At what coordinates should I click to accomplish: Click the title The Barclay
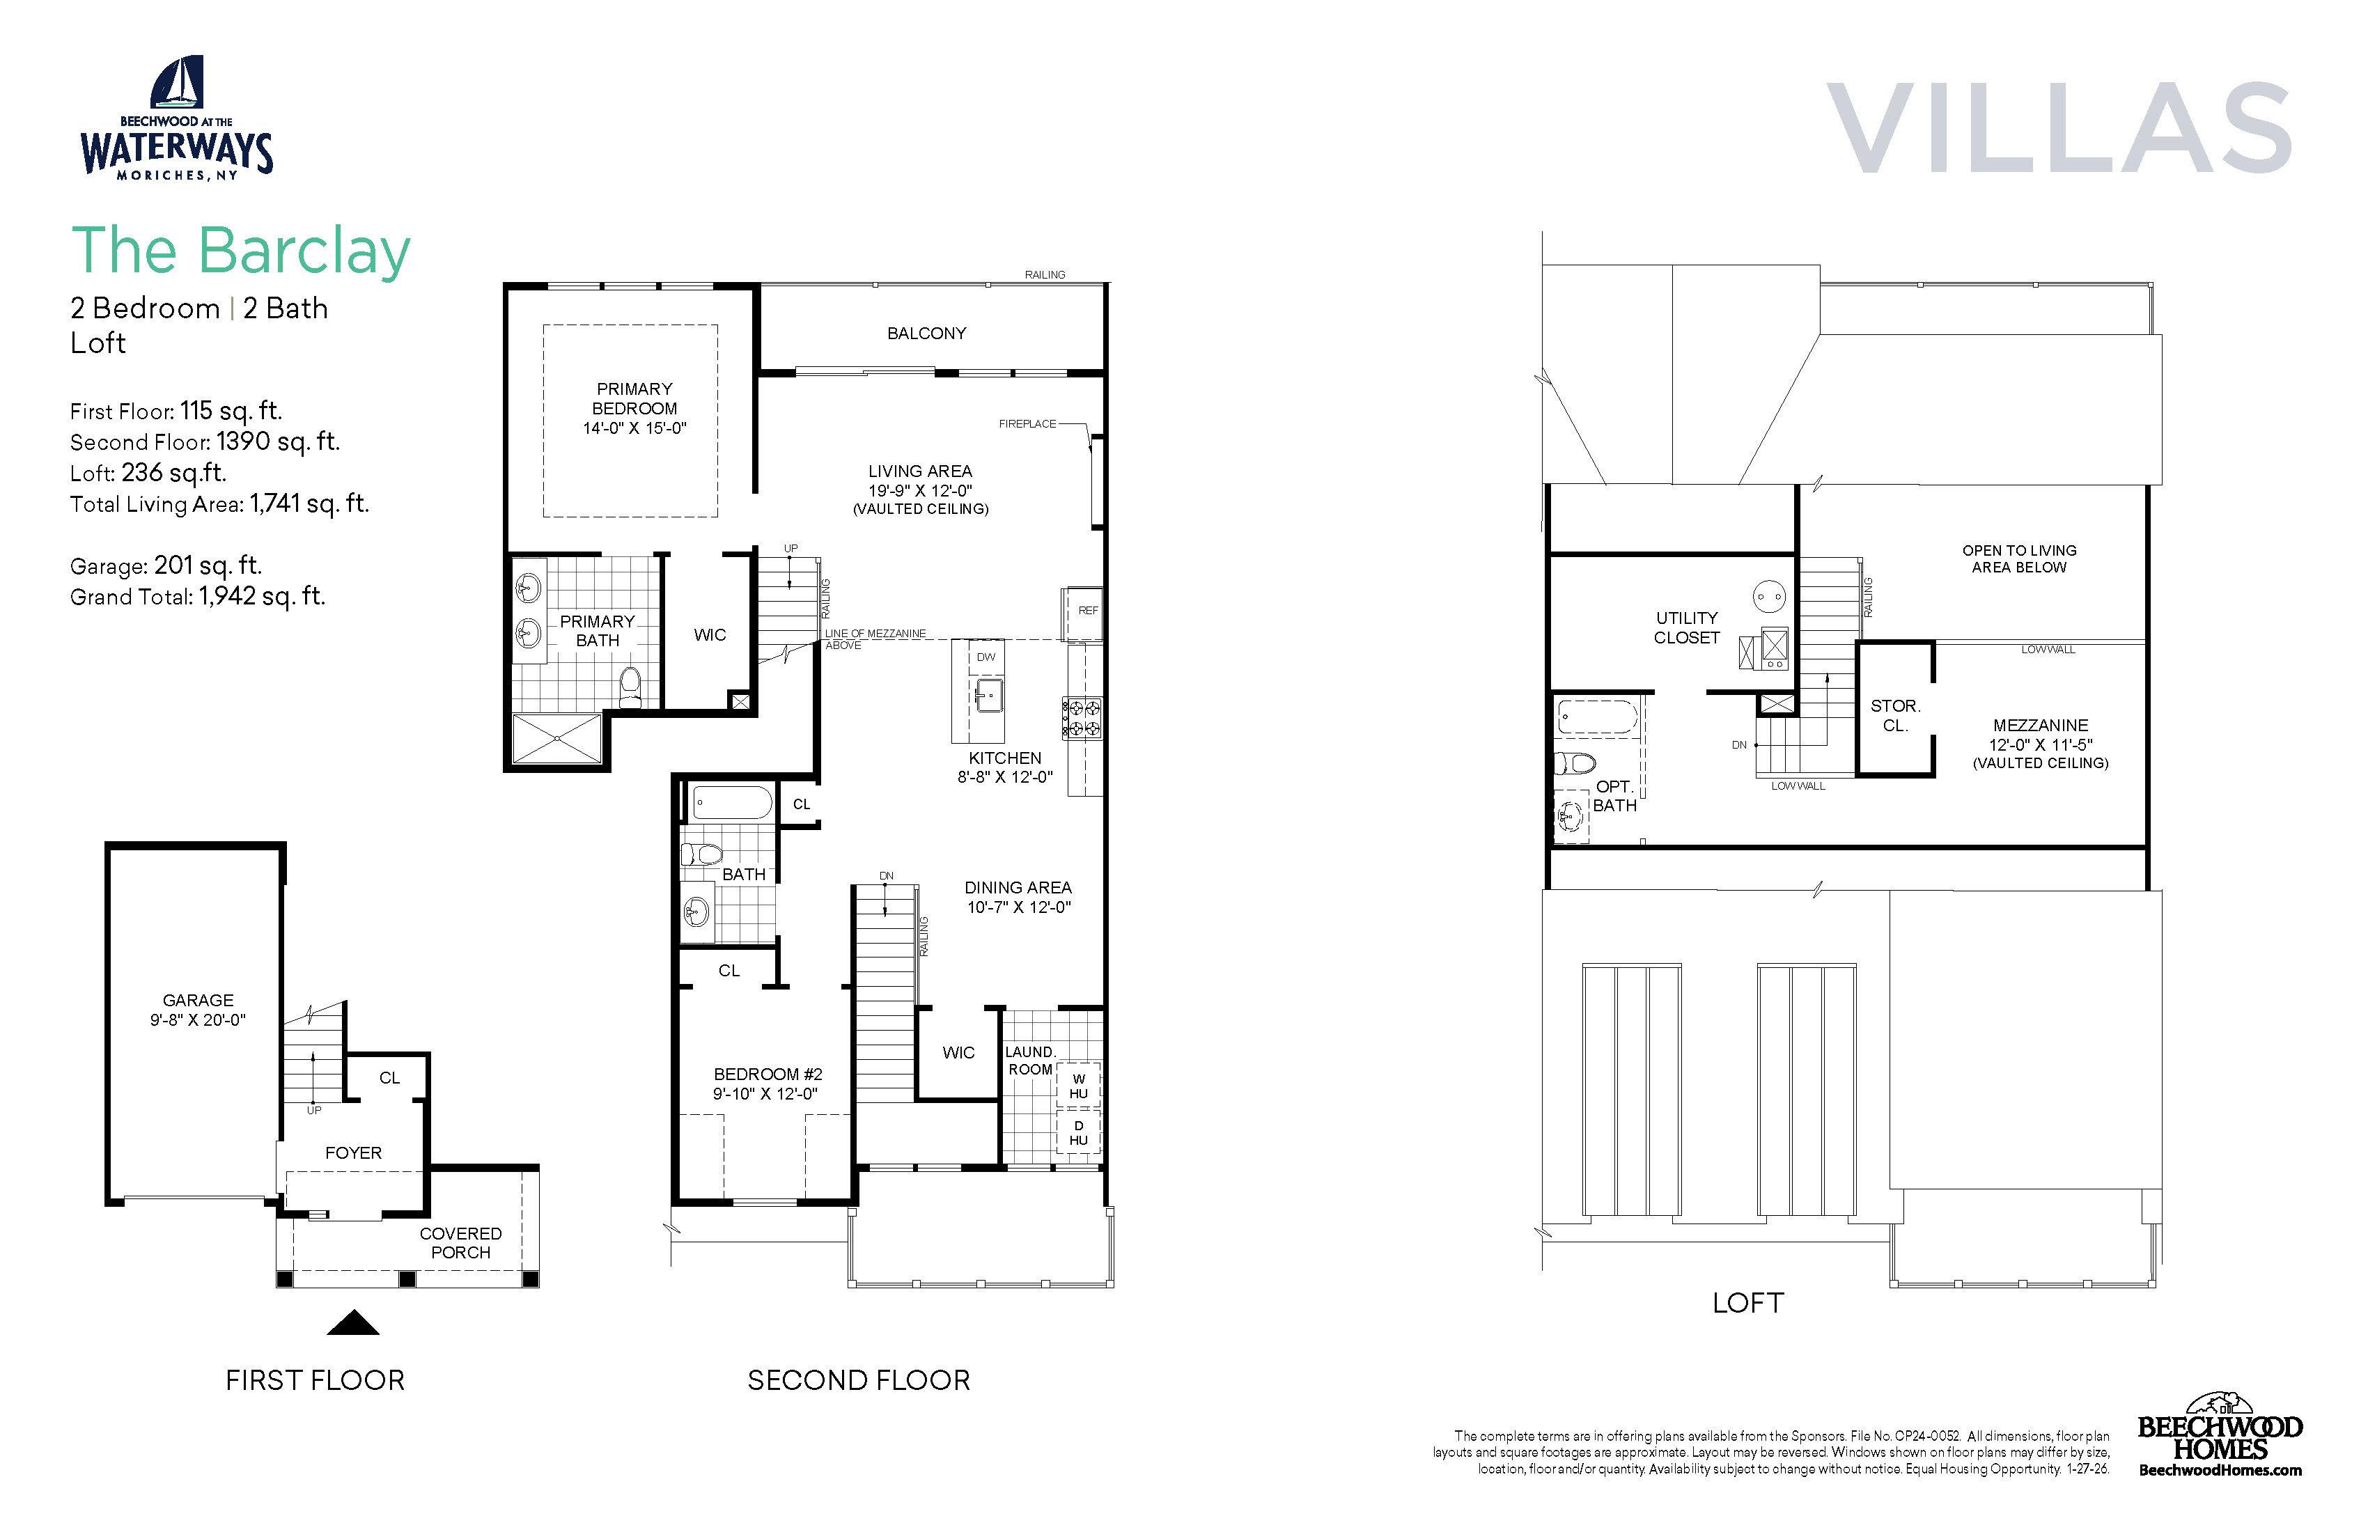(241, 250)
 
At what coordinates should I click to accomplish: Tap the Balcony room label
(926, 334)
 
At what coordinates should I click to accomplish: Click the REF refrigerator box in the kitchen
(1084, 613)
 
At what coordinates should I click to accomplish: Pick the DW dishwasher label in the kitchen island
(986, 657)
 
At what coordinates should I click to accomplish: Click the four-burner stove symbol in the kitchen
(1082, 718)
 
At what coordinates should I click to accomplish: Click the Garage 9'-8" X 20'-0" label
(198, 1010)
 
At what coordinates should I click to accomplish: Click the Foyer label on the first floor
(353, 1153)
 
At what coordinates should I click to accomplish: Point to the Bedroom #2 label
(768, 1074)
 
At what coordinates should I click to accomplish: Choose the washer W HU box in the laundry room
(1079, 1086)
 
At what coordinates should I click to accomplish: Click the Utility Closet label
(1686, 627)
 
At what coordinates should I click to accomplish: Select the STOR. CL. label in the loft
(1895, 715)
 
